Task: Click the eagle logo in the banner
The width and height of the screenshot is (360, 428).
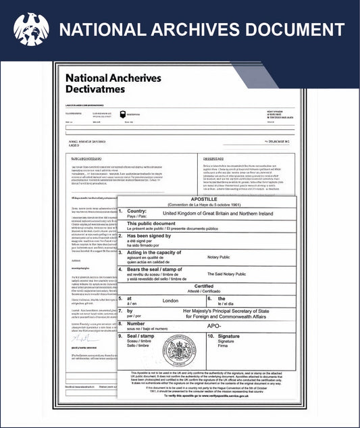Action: [31, 29]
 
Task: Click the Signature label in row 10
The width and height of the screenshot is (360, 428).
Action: [228, 336]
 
